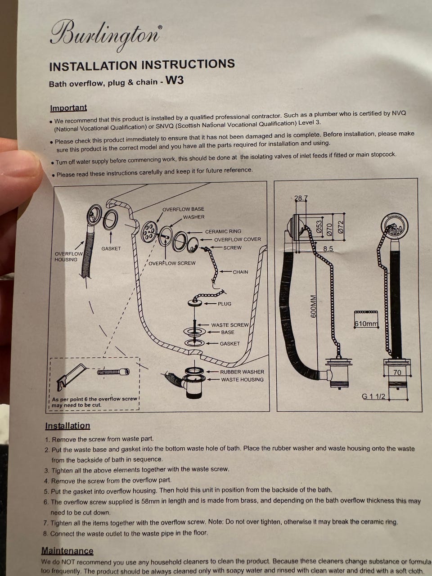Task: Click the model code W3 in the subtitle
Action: [175, 80]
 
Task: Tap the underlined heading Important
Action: [68, 108]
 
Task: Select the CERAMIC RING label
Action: [223, 231]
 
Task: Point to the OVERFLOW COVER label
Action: [238, 239]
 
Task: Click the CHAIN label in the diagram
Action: [240, 272]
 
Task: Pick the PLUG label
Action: [225, 304]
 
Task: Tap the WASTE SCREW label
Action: [230, 325]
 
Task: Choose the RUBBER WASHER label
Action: [242, 372]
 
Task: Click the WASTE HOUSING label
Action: [242, 379]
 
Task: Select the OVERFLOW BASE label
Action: [183, 209]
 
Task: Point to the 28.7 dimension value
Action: [301, 198]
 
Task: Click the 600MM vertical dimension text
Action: [313, 306]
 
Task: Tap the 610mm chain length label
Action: [366, 324]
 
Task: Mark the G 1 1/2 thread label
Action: [373, 396]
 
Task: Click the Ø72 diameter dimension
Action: [340, 227]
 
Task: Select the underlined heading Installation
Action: [67, 426]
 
